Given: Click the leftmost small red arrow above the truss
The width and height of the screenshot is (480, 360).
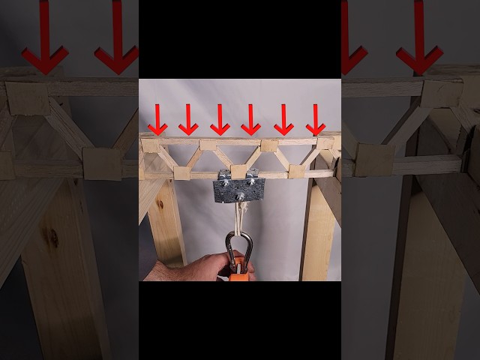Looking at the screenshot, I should pos(157,120).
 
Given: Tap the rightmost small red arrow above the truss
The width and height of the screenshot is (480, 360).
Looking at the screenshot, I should pos(316,120).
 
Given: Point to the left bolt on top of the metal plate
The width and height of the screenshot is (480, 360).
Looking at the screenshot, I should pos(224,177).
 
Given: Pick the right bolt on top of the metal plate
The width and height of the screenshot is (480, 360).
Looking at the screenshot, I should pos(253,177).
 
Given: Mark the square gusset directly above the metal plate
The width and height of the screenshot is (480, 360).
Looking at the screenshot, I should pos(239,171).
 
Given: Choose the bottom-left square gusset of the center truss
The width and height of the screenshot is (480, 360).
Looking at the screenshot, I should pos(182,172).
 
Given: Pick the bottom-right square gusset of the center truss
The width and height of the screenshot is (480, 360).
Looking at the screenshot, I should pos(297,171).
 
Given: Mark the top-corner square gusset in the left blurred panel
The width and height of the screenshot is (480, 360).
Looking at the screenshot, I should pos(28,97).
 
